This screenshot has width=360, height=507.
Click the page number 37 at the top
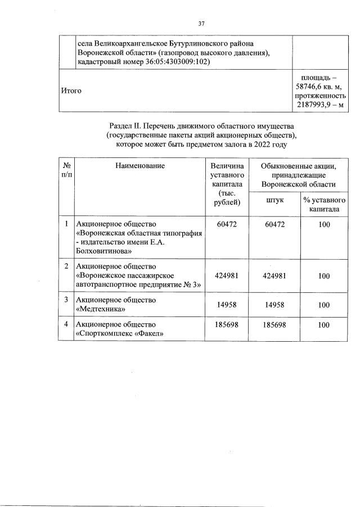point(201,24)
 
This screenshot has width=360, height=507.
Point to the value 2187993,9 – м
point(319,106)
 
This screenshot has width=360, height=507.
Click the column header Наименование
point(140,166)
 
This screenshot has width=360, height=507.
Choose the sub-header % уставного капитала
point(323,205)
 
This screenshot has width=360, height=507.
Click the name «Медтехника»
point(101,309)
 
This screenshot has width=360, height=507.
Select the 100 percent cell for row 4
point(323,325)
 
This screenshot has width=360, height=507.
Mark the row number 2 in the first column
point(66,266)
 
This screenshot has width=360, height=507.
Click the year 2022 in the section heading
point(262,144)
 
